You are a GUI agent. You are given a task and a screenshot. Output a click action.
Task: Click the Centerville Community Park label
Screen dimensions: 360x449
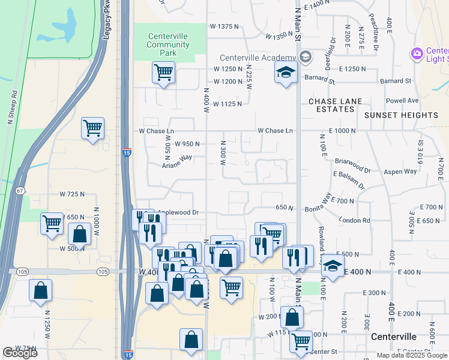167,44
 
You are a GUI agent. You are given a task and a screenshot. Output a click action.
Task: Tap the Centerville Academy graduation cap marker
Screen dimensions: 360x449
286,73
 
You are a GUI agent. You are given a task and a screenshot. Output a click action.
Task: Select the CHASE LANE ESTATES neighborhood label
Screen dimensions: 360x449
331,105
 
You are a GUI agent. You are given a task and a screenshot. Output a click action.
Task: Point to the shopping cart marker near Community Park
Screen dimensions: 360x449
163,73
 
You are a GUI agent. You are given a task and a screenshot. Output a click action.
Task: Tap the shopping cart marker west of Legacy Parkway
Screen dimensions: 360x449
92,128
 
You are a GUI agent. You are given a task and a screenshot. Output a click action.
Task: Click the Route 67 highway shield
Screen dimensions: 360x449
20,191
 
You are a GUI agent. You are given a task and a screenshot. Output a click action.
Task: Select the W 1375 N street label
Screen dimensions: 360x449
225,26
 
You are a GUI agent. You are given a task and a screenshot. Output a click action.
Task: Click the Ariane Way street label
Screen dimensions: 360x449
177,157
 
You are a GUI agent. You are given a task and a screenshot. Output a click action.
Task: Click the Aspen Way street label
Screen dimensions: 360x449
401,172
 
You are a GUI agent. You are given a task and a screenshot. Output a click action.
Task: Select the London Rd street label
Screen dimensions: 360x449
354,220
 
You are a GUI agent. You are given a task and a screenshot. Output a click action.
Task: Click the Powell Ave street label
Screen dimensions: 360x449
402,101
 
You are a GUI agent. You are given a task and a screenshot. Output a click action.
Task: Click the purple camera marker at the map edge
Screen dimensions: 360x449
417,55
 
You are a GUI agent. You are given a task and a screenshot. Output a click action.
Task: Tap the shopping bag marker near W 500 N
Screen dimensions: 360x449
79,235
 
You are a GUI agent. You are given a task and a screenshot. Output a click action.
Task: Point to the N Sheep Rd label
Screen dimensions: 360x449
13,106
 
